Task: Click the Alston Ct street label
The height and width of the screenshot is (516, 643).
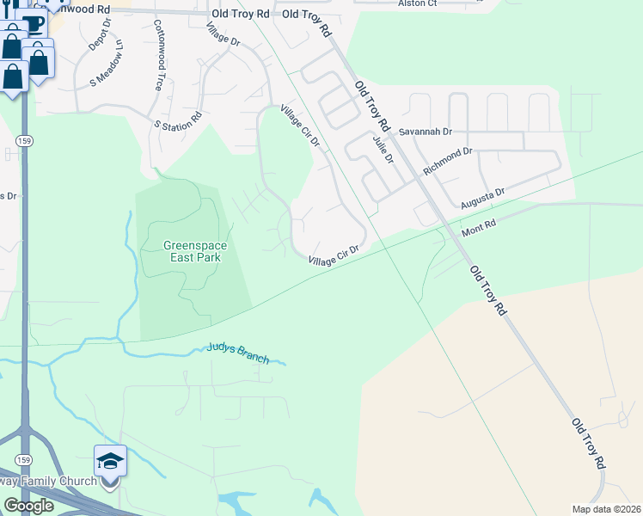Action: click(x=419, y=4)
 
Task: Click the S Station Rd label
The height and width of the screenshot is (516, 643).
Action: click(x=178, y=121)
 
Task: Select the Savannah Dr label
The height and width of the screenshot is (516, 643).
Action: click(x=426, y=132)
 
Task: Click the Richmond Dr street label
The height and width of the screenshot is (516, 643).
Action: click(x=448, y=162)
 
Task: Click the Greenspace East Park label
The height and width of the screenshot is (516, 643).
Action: click(x=195, y=251)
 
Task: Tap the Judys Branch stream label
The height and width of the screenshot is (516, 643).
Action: click(x=237, y=353)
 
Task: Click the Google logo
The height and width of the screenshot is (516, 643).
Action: click(x=28, y=506)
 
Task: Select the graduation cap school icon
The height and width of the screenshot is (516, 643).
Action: click(x=110, y=463)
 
